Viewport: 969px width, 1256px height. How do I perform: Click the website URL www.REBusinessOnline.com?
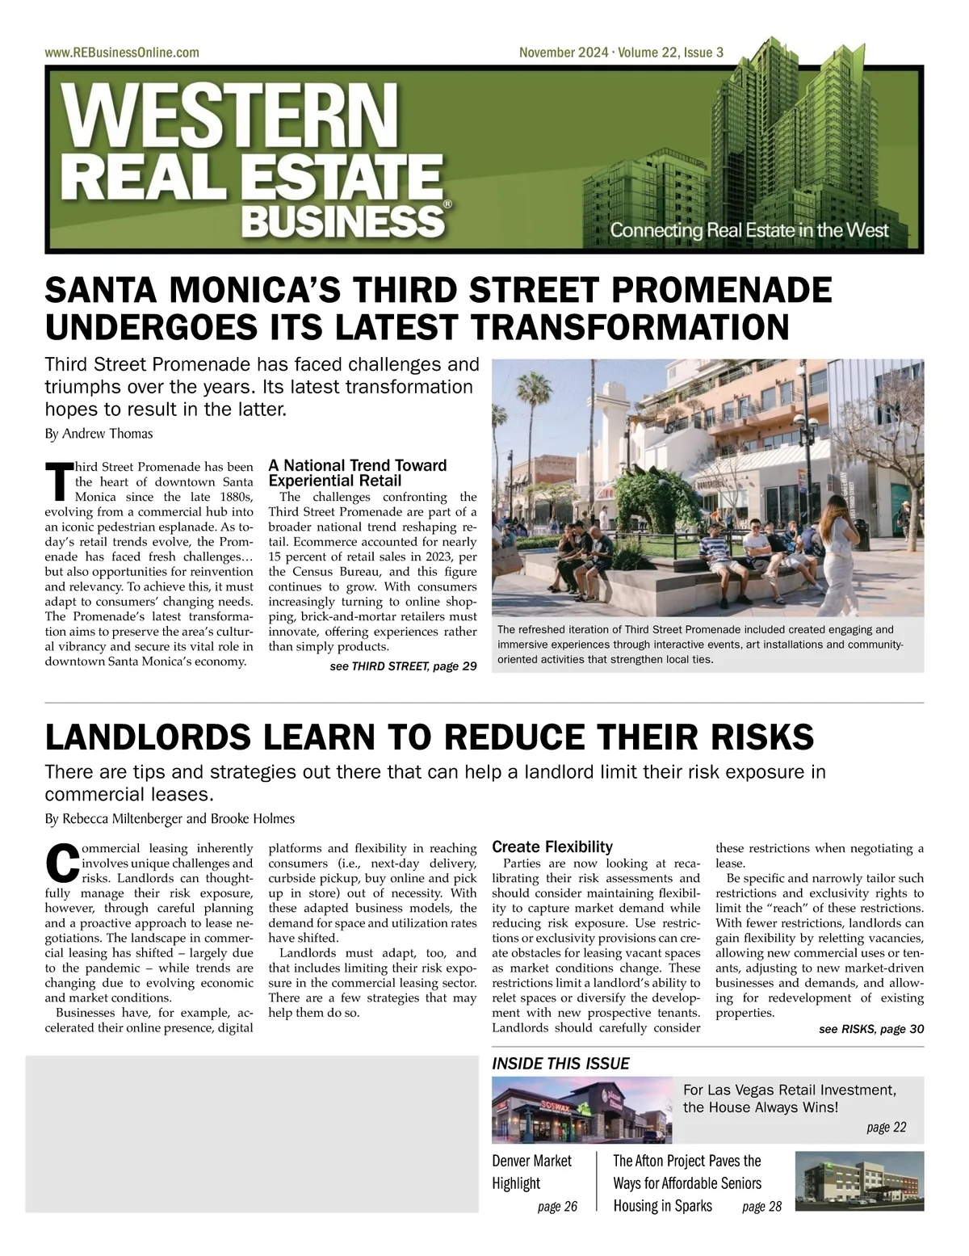[122, 53]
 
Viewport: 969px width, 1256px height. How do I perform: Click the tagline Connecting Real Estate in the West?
[749, 229]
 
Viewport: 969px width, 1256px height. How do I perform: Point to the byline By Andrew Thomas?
[99, 434]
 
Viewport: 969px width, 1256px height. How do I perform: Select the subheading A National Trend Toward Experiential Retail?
[357, 473]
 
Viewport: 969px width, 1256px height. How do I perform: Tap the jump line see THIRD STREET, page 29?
[403, 666]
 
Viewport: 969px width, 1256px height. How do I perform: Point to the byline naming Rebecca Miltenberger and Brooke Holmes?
[170, 818]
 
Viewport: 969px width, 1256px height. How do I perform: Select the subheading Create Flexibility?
[552, 846]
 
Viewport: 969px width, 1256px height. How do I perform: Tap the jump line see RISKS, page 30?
[870, 1029]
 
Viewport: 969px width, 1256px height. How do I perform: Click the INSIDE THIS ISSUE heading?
[560, 1064]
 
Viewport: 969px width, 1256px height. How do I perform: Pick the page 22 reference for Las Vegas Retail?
[886, 1127]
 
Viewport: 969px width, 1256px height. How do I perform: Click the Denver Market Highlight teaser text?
[532, 1172]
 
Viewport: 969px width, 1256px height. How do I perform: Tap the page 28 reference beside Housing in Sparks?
[761, 1207]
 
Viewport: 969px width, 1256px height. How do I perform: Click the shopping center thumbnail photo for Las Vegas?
[582, 1111]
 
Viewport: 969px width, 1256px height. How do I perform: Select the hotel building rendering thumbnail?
[859, 1181]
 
